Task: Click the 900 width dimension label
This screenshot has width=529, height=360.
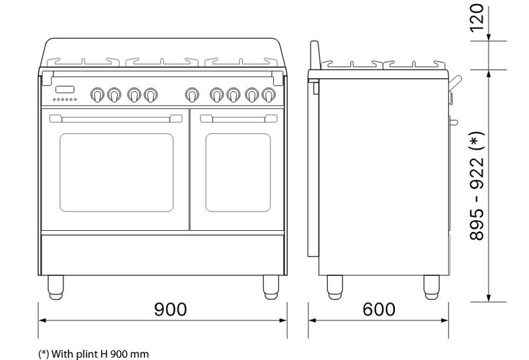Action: (170, 309)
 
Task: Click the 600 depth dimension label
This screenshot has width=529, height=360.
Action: (379, 309)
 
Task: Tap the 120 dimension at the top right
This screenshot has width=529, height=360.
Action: (477, 18)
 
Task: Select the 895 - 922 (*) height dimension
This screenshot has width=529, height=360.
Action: (477, 186)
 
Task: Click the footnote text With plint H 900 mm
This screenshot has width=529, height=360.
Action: (100, 354)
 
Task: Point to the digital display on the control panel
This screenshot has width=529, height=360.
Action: (65, 89)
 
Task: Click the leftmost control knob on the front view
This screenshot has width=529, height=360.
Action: (97, 95)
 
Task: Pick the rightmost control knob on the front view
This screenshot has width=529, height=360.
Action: (269, 95)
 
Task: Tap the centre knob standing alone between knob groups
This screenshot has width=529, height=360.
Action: (192, 95)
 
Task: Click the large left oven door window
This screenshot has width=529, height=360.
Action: (117, 173)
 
